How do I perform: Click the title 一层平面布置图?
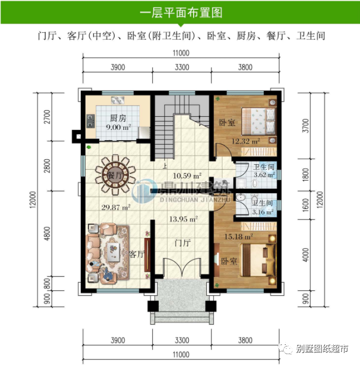(x=181, y=12)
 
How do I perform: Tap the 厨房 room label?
(x=118, y=118)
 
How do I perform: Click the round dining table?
(x=113, y=171)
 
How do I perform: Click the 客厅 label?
(x=136, y=254)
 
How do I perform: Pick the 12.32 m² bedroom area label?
(x=245, y=141)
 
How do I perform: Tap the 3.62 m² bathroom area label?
(x=263, y=176)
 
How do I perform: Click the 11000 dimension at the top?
(x=181, y=53)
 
